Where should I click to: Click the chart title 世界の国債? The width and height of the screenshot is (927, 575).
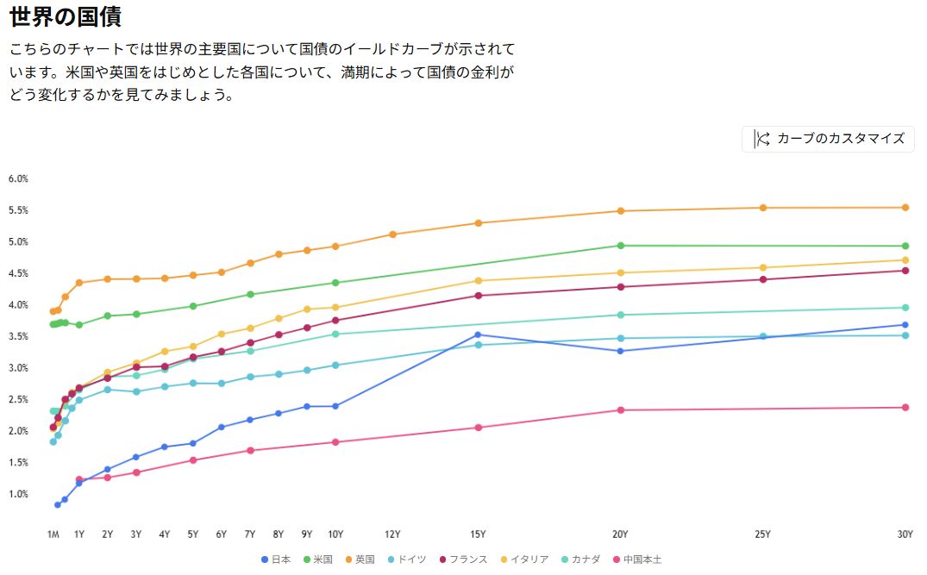pyautogui.click(x=66, y=16)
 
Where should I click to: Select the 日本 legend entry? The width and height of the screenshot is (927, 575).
pyautogui.click(x=276, y=559)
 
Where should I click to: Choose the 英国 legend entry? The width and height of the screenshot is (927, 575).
pyautogui.click(x=359, y=559)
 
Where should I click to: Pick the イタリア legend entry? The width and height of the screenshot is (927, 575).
pyautogui.click(x=523, y=559)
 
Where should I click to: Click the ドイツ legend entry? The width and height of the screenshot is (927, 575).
pyautogui.click(x=406, y=559)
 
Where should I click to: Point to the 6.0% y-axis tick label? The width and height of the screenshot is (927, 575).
pyautogui.click(x=19, y=179)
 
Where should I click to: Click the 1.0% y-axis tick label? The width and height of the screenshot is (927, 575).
pyautogui.click(x=19, y=494)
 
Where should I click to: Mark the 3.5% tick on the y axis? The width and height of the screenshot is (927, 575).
pyautogui.click(x=19, y=336)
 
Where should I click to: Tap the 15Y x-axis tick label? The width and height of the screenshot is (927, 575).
pyautogui.click(x=478, y=534)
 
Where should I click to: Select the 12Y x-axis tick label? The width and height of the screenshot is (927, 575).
pyautogui.click(x=392, y=534)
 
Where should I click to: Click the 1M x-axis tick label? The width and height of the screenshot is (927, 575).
pyautogui.click(x=53, y=534)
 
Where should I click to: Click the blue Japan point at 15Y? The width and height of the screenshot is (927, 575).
pyautogui.click(x=478, y=334)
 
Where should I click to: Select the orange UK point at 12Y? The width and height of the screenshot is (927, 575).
pyautogui.click(x=392, y=234)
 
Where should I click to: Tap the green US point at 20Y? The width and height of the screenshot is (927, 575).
pyautogui.click(x=620, y=246)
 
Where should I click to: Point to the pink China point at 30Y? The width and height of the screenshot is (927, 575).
pyautogui.click(x=905, y=408)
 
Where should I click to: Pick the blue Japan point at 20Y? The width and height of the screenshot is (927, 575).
pyautogui.click(x=620, y=351)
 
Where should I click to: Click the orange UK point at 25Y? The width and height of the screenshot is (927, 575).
pyautogui.click(x=763, y=208)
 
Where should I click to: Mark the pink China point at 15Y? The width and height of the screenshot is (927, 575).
pyautogui.click(x=478, y=428)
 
